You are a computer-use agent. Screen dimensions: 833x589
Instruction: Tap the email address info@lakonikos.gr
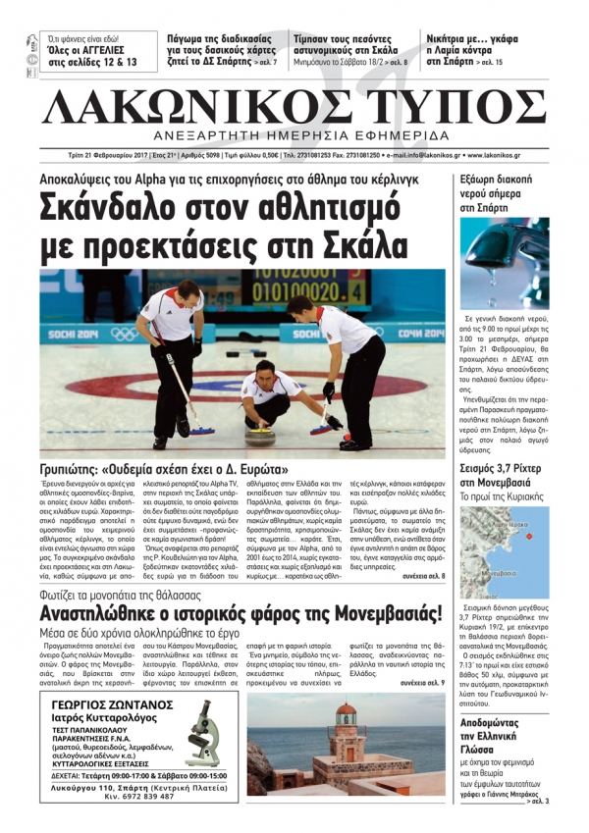pos(422,155)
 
